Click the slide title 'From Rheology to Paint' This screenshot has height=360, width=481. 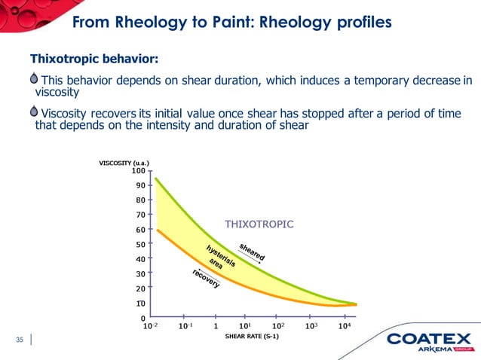(231, 23)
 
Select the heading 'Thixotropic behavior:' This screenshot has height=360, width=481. (93, 59)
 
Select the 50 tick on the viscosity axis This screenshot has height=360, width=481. (141, 245)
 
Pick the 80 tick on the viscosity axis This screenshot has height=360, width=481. (141, 200)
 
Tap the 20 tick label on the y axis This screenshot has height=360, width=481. (141, 288)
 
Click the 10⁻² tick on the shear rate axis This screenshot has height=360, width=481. (151, 326)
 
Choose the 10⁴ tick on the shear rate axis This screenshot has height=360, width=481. (343, 326)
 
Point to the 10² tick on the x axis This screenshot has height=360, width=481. (278, 326)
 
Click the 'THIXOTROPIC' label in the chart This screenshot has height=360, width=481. (259, 224)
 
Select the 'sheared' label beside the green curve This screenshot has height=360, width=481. (252, 252)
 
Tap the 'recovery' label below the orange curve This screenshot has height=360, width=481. (204, 278)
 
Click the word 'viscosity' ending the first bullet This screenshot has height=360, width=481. (57, 93)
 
